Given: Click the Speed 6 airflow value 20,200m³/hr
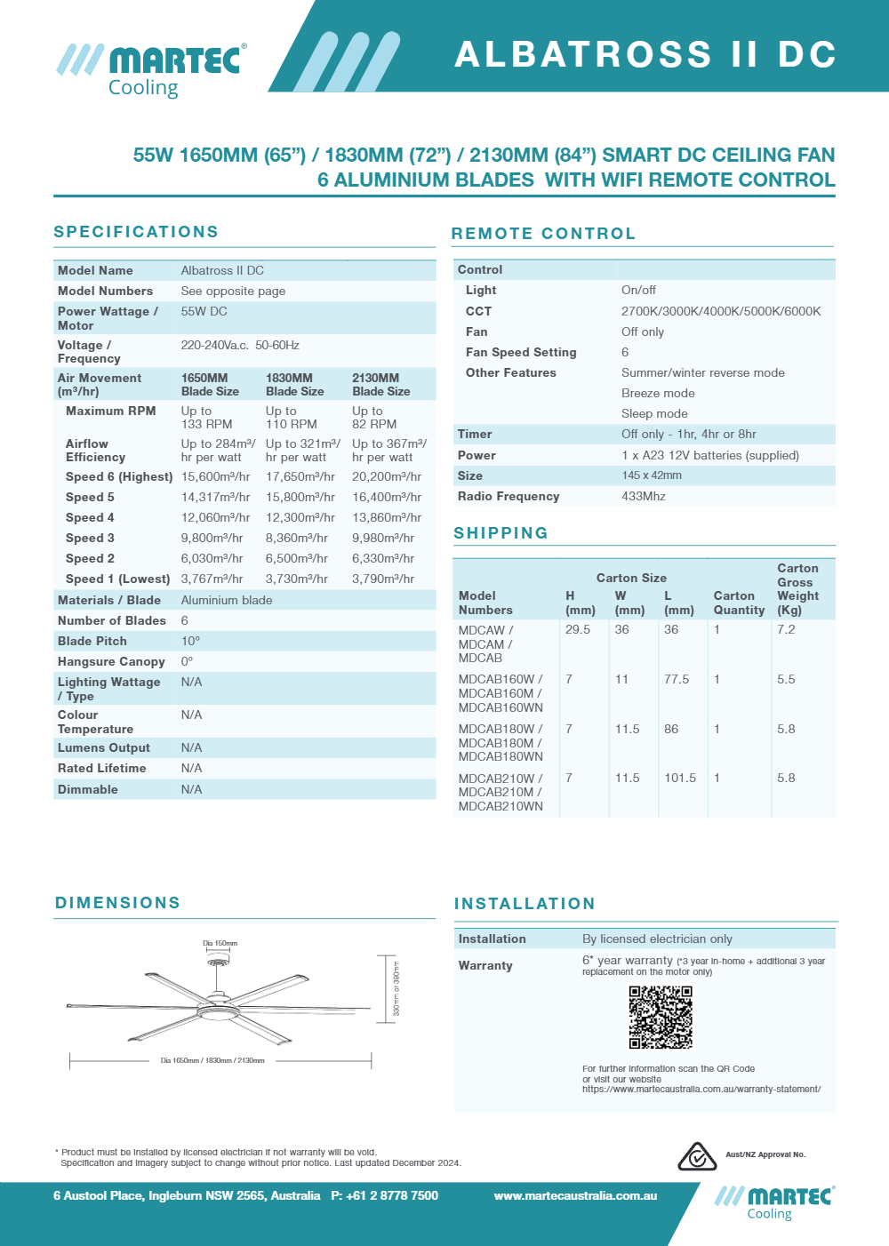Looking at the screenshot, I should [x=386, y=477].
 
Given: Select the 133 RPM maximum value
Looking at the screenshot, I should [x=206, y=425].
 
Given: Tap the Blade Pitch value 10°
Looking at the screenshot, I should [x=190, y=641].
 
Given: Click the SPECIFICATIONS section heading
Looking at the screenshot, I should [x=136, y=232].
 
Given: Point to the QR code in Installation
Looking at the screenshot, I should [x=661, y=1018].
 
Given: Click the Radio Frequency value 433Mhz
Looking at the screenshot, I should [x=643, y=496].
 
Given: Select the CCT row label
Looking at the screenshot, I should [x=478, y=311].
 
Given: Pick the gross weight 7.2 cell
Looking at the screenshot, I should [x=786, y=629].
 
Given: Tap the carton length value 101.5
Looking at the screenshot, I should [x=680, y=778].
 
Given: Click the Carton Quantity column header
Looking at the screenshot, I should [x=739, y=603].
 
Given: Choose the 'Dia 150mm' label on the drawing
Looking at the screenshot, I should [x=220, y=943].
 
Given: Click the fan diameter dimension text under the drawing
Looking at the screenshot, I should [x=212, y=1060].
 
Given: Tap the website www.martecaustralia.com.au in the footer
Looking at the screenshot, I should [x=575, y=1196].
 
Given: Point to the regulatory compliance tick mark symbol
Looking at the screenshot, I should [x=697, y=1156].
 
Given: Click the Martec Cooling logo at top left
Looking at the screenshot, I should [x=151, y=69].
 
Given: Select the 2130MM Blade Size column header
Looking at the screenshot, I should [x=380, y=385].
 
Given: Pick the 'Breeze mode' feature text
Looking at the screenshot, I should [x=658, y=393].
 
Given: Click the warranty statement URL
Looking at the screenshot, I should [x=701, y=1089].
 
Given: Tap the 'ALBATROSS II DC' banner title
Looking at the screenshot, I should [x=645, y=55].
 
